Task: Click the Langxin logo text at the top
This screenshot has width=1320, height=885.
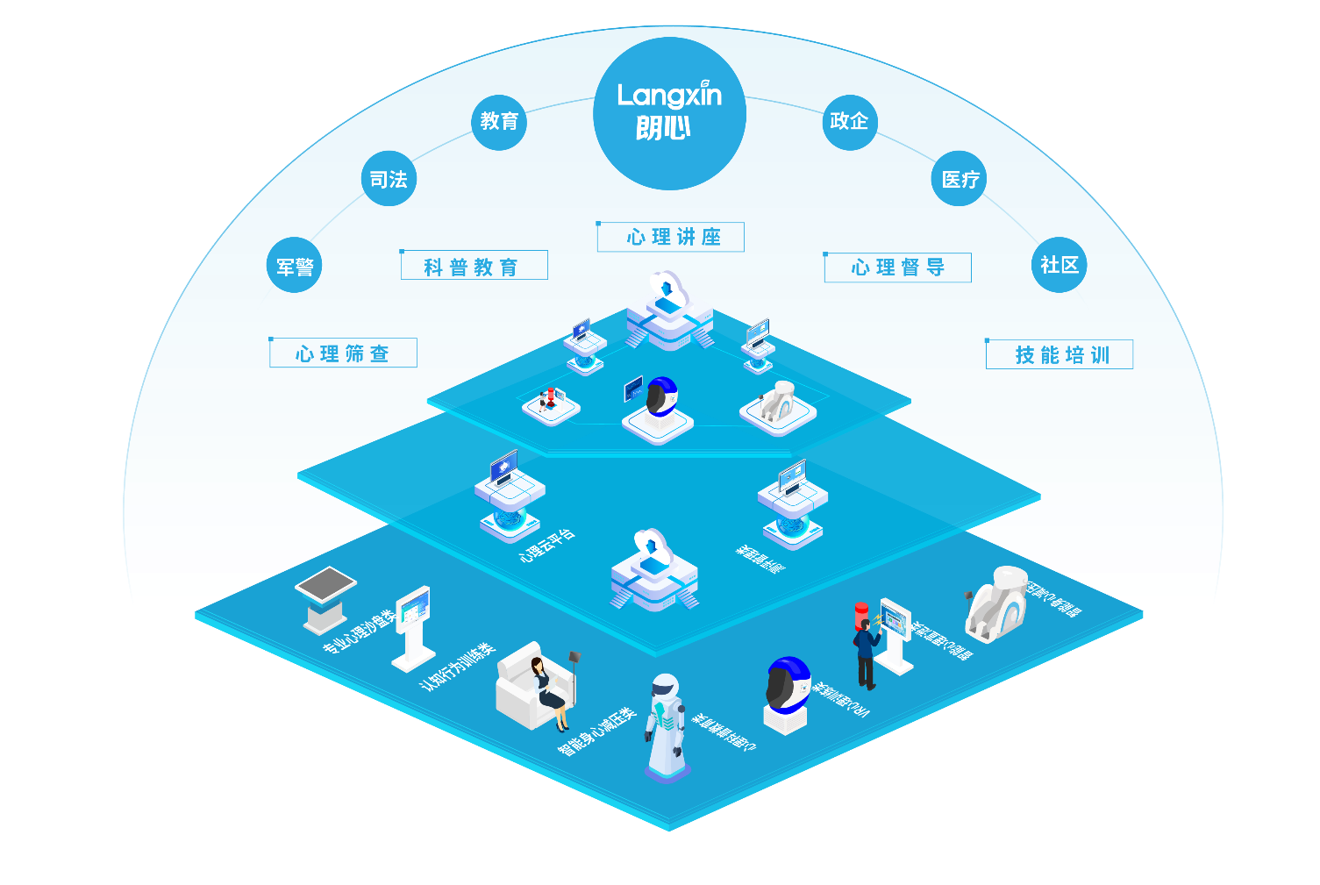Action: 669,96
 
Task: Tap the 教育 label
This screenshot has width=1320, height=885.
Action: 499,121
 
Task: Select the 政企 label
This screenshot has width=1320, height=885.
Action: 849,121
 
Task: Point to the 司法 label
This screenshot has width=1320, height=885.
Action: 389,180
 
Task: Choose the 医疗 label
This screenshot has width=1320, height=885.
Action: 960,180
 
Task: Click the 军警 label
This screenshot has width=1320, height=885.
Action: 295,267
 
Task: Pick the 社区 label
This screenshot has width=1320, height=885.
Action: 1060,265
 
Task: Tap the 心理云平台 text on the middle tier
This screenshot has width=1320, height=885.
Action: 547,545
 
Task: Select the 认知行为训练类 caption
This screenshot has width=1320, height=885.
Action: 458,667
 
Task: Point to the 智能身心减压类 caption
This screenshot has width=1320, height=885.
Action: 596,731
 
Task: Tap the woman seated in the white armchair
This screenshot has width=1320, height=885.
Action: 547,689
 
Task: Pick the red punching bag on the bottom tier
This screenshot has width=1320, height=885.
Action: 861,616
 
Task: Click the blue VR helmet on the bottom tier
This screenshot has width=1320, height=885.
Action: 788,687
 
